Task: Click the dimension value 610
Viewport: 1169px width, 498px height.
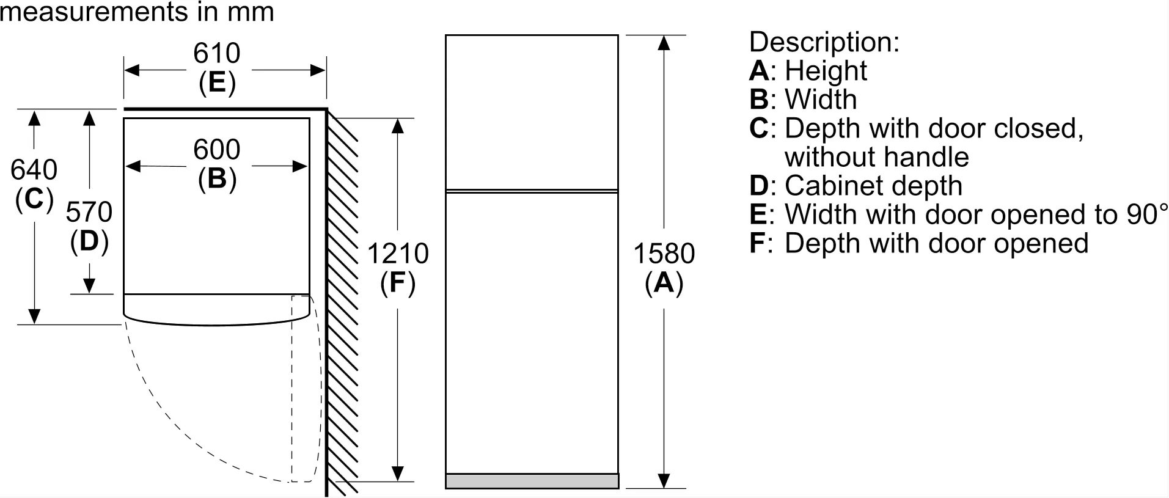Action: point(216,54)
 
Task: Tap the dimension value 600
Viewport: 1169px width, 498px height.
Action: point(216,150)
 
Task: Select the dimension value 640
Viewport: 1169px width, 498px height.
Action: point(34,170)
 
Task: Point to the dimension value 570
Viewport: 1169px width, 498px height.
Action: point(89,212)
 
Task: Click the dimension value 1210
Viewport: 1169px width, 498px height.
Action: point(398,254)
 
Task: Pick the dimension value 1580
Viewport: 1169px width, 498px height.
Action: point(664,254)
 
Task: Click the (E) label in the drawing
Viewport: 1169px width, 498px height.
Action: point(217,82)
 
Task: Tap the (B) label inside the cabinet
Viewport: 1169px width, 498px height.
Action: point(217,179)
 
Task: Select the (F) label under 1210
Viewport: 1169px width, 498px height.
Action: point(398,284)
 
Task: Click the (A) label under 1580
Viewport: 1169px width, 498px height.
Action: point(664,284)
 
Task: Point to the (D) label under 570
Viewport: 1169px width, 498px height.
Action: point(89,241)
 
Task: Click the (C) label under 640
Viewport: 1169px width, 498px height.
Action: point(34,199)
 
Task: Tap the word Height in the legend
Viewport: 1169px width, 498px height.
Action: point(826,71)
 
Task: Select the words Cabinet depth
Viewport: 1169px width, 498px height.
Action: point(874,186)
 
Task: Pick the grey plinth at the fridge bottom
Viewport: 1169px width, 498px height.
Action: point(532,481)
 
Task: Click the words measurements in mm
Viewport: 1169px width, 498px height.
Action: point(137,12)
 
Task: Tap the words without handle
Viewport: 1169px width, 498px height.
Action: point(877,158)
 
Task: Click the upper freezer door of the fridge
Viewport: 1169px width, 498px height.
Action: point(532,112)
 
